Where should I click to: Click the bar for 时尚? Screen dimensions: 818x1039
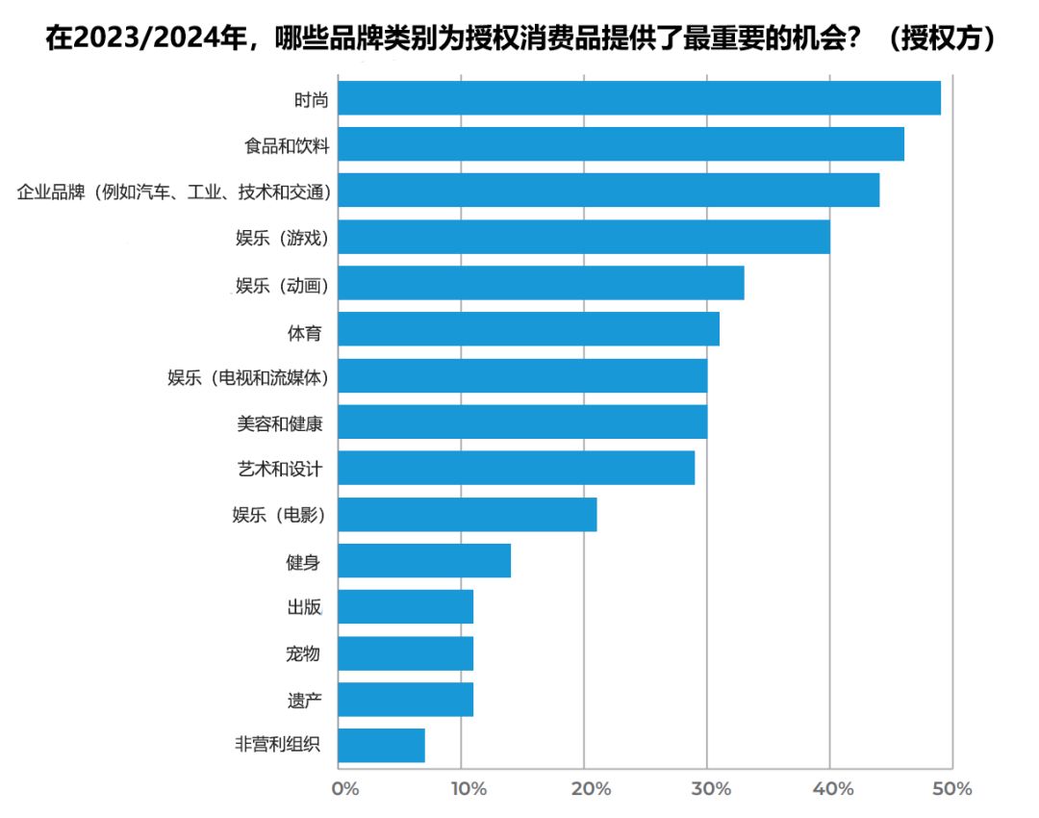[x=639, y=98]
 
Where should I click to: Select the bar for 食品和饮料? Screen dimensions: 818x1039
[x=621, y=144]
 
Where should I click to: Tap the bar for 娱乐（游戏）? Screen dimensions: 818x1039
[x=584, y=237]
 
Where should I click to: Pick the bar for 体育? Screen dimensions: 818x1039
[x=528, y=329]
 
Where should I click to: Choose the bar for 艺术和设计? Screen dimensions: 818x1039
[x=516, y=468]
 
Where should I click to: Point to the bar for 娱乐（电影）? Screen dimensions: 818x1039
[x=468, y=515]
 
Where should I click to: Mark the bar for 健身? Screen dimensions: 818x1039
[x=424, y=560]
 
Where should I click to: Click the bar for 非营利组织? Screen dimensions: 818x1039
[x=381, y=746]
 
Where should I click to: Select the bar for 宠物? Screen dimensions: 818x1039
[x=405, y=653]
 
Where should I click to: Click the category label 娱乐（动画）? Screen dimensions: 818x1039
[x=282, y=285]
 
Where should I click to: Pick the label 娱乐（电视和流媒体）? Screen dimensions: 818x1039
[x=248, y=377]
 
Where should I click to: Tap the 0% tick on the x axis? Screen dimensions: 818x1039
[x=344, y=789]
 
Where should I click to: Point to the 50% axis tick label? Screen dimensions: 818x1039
[x=952, y=789]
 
